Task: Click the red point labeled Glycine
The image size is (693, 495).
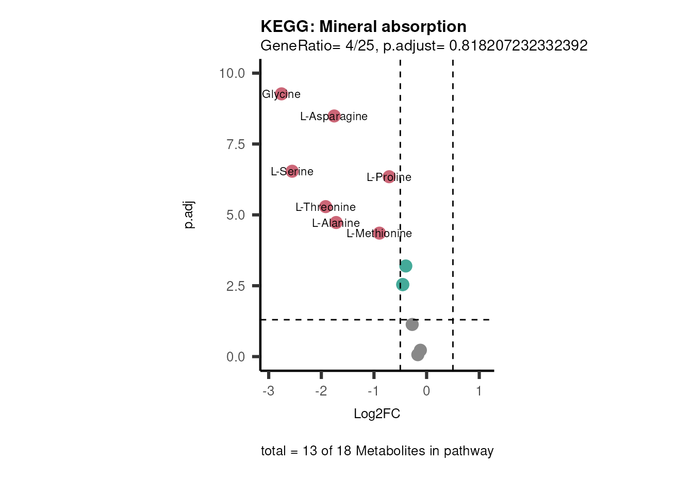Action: [x=281, y=94]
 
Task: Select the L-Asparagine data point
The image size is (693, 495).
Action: [x=334, y=116]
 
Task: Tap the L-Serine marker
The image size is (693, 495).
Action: [x=292, y=171]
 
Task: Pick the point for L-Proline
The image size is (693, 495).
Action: [x=389, y=177]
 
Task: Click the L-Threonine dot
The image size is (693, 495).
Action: [x=325, y=207]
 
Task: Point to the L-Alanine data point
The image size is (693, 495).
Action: [x=336, y=223]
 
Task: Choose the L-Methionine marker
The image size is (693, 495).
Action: [x=379, y=233]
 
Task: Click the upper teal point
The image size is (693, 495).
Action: [x=406, y=266]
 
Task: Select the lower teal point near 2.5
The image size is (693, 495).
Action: [x=403, y=285]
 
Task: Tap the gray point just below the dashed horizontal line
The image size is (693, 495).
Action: [x=412, y=324]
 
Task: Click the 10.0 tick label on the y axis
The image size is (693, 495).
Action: [x=232, y=73]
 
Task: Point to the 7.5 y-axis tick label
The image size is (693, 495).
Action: [x=236, y=144]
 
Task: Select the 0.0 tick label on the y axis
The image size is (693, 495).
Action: [x=236, y=357]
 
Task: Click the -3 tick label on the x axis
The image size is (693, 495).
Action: [x=268, y=391]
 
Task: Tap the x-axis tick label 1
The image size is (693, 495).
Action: [x=479, y=391]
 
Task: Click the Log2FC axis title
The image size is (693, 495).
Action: [x=377, y=414]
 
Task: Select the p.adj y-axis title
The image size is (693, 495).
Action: [x=189, y=215]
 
